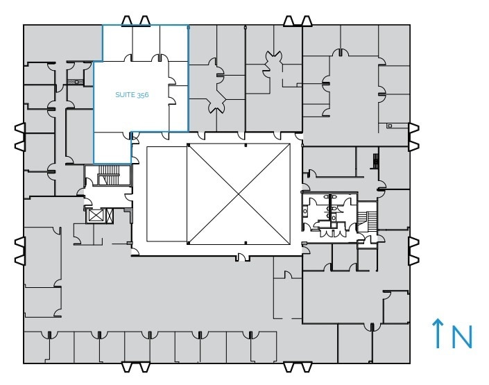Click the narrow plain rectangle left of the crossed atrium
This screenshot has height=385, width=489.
click(x=166, y=194)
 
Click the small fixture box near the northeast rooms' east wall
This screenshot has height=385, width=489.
click(x=389, y=126)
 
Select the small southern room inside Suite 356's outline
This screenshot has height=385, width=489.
click(x=112, y=147)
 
